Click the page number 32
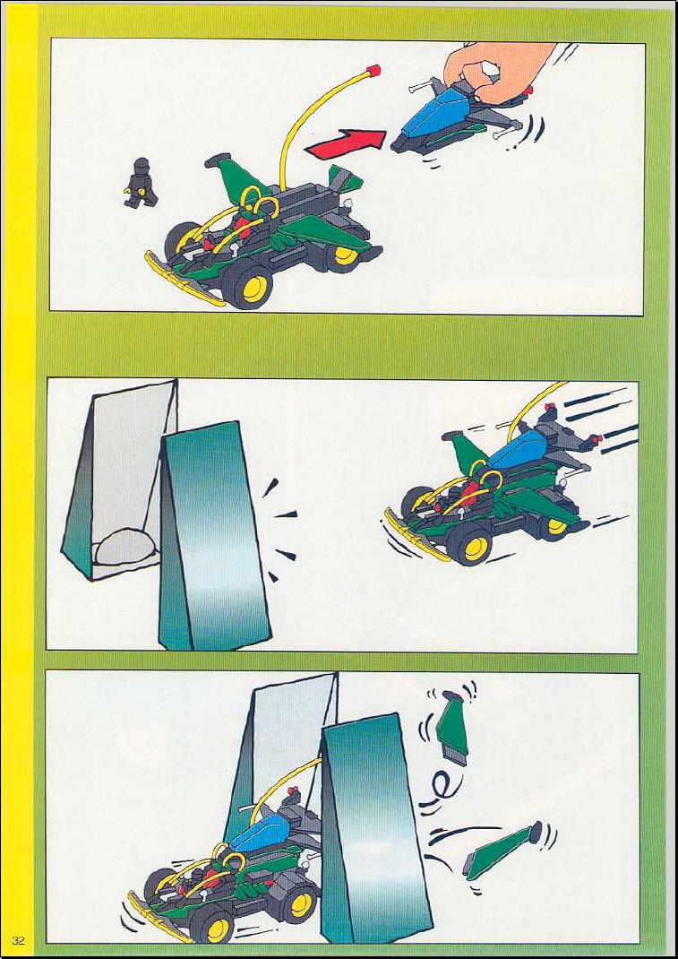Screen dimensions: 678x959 [18, 941]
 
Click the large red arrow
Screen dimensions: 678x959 [346, 143]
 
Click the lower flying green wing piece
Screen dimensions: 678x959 [502, 851]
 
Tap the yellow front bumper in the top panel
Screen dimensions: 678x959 [184, 281]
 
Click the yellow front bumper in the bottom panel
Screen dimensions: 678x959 [159, 918]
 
